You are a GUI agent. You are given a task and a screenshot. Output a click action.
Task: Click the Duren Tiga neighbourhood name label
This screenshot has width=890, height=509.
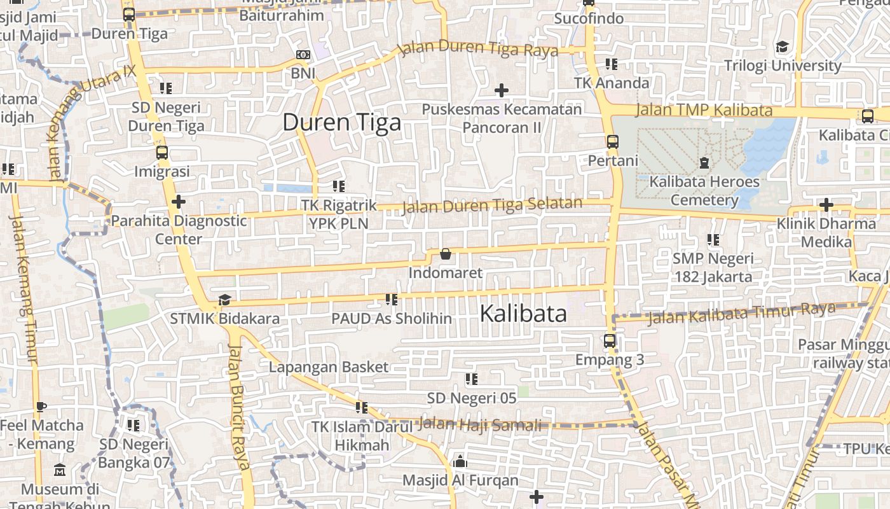click(341, 122)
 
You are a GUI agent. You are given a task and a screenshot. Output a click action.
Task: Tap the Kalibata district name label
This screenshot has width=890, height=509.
click(523, 313)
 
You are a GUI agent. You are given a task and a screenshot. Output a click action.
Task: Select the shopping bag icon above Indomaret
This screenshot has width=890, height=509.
click(446, 254)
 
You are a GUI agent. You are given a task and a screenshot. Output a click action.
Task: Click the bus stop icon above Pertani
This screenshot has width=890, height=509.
click(613, 142)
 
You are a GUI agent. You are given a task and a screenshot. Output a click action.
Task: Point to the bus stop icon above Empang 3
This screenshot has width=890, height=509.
click(610, 341)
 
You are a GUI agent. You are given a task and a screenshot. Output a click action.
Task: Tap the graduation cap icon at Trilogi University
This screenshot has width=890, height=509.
click(782, 47)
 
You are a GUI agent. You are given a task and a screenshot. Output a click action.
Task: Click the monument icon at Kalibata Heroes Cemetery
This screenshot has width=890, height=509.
click(704, 163)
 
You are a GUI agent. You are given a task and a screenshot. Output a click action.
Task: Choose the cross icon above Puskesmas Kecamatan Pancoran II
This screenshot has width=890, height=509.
click(502, 90)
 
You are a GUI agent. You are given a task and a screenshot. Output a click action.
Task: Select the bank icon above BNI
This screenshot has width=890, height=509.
click(303, 55)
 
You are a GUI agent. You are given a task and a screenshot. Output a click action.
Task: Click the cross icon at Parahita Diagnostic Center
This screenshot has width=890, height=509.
click(179, 202)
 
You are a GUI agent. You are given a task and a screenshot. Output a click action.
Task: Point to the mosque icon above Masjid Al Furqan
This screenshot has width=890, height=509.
click(460, 461)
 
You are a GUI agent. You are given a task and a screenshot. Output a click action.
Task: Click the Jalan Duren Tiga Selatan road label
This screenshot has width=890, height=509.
click(493, 205)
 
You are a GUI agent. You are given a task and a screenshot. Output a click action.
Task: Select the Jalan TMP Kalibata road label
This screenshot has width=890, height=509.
click(704, 110)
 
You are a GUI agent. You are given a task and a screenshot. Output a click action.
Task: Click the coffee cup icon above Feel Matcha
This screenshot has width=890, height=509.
click(41, 407)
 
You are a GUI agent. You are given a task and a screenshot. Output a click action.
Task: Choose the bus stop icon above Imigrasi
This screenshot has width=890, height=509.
click(162, 153)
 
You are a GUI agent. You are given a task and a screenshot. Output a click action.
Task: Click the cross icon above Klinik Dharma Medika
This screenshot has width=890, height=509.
click(826, 205)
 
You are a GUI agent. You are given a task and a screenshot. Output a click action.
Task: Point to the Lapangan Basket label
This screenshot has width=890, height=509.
click(328, 367)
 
